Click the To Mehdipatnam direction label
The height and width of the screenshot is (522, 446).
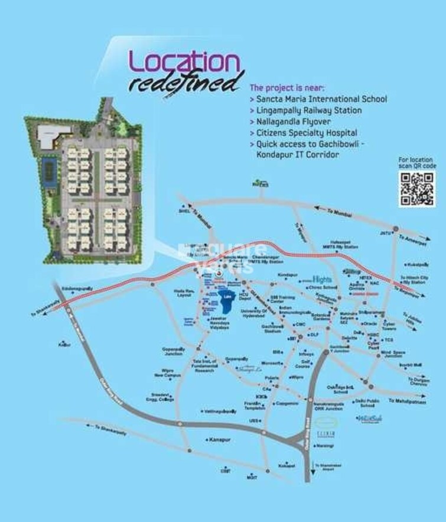(403, 401)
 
